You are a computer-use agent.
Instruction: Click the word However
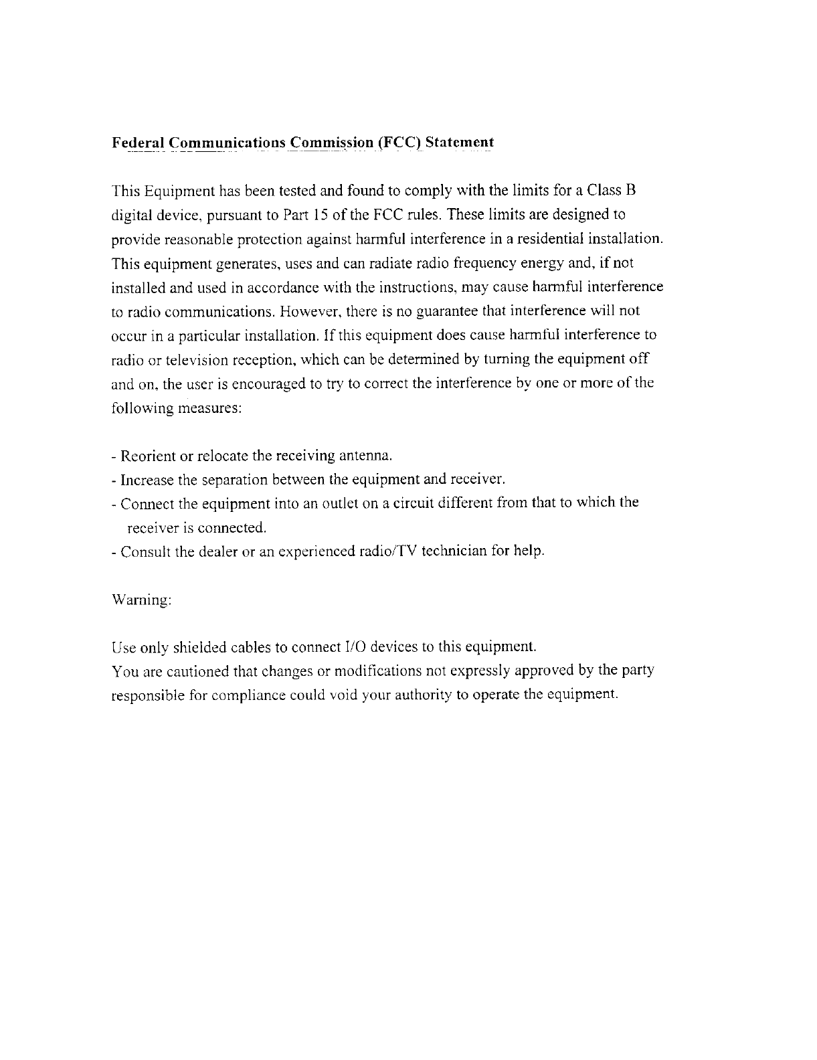tap(310, 311)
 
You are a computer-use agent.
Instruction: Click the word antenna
tap(365, 456)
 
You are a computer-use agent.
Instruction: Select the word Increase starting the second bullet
tap(147, 480)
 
